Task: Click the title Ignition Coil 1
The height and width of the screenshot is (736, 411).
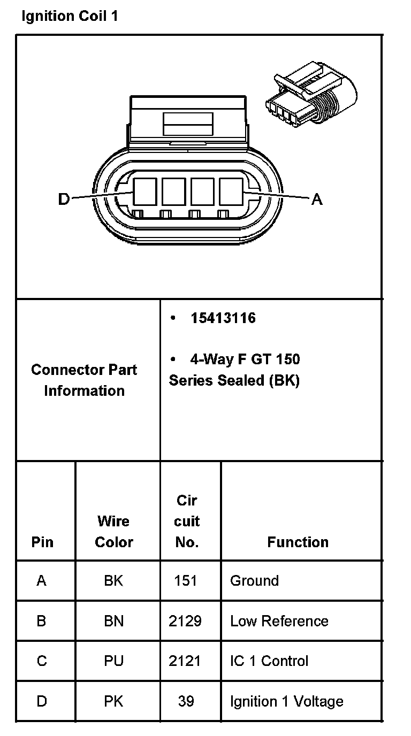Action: pyautogui.click(x=70, y=16)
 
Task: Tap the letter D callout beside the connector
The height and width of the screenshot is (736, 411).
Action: pyautogui.click(x=64, y=200)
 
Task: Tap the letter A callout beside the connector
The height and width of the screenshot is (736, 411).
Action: pyautogui.click(x=317, y=200)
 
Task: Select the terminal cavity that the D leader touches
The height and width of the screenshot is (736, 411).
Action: pyautogui.click(x=144, y=191)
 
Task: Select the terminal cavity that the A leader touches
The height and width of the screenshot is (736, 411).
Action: pyautogui.click(x=231, y=191)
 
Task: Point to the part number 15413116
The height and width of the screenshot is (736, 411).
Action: pyautogui.click(x=223, y=318)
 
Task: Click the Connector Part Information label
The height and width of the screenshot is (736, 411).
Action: pyautogui.click(x=84, y=380)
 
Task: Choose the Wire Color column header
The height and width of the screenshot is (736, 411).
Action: pyautogui.click(x=113, y=531)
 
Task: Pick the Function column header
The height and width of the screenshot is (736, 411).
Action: pyautogui.click(x=298, y=542)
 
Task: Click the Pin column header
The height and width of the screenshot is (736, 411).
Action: pyautogui.click(x=42, y=542)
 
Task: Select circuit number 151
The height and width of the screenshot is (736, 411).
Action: pyautogui.click(x=186, y=581)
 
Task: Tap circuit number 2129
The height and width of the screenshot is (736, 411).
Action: pyautogui.click(x=185, y=621)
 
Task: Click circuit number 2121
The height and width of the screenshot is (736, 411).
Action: pyautogui.click(x=185, y=661)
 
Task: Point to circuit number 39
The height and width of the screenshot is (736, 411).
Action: pyautogui.click(x=186, y=701)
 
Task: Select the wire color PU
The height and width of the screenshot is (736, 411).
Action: pyautogui.click(x=113, y=661)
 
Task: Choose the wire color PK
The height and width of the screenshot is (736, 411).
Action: pyautogui.click(x=113, y=701)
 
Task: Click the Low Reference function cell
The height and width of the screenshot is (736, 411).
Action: pyautogui.click(x=279, y=621)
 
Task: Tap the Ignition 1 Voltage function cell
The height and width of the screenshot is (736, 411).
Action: pyautogui.click(x=286, y=701)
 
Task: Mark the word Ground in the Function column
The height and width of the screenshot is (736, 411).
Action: pyautogui.click(x=254, y=581)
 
